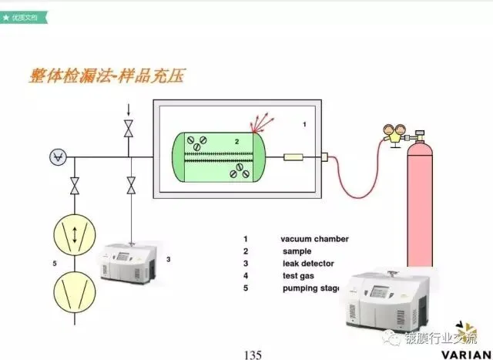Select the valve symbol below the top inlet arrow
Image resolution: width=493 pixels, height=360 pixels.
point(129,133)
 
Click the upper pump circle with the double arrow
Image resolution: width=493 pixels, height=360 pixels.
point(74,234)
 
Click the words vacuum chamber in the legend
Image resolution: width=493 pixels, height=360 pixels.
point(315,239)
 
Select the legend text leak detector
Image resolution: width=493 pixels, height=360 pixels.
point(307,264)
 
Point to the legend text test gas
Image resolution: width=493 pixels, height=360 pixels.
point(299,276)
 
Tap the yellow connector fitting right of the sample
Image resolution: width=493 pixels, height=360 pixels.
point(293,158)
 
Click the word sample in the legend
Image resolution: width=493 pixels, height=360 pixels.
point(297,251)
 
